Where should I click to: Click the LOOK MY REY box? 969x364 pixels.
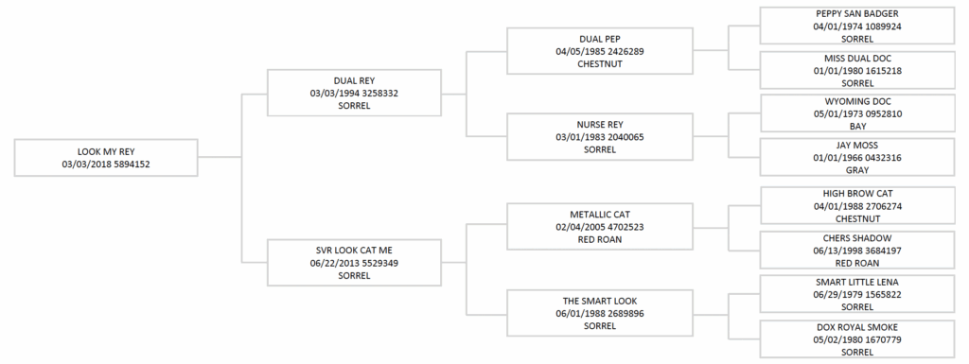point(106,157)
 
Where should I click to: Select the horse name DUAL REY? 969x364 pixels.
point(354,81)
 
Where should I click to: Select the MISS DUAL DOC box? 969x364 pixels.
point(856,70)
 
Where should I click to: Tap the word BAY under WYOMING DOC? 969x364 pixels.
point(857,126)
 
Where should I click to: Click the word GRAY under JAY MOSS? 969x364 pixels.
point(857,170)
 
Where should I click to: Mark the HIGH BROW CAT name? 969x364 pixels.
point(857,194)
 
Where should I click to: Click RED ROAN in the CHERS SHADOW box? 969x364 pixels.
point(857,263)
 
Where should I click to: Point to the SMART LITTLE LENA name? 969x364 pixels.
point(857,282)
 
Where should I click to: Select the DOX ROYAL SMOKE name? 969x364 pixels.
point(857,327)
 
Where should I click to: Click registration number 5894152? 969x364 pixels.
point(130,164)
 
